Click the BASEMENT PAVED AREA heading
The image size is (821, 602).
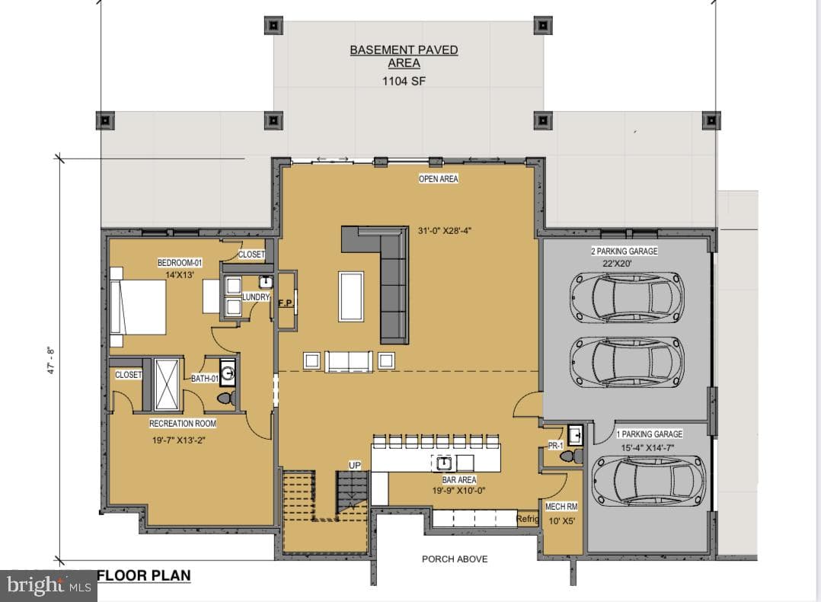click(x=404, y=56)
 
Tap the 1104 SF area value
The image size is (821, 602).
click(x=404, y=82)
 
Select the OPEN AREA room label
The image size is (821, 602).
click(x=438, y=178)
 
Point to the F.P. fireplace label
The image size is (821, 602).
click(x=286, y=303)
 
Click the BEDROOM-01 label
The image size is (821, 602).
click(x=180, y=262)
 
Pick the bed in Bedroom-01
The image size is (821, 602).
click(x=138, y=307)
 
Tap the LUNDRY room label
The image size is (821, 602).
click(x=256, y=297)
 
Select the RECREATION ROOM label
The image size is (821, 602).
click(x=183, y=424)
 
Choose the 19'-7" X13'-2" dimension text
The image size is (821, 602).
click(x=178, y=440)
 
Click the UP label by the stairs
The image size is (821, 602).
click(x=354, y=466)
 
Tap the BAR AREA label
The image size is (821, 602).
click(x=459, y=479)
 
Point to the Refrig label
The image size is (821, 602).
click(x=527, y=519)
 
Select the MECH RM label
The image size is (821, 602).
click(x=561, y=507)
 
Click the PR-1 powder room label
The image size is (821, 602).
click(x=555, y=446)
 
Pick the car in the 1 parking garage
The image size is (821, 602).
click(x=649, y=481)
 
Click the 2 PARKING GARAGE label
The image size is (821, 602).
click(x=625, y=251)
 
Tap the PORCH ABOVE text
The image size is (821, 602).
click(x=455, y=559)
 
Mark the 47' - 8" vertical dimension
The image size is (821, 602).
click(x=51, y=360)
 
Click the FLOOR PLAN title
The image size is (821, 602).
click(x=144, y=575)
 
